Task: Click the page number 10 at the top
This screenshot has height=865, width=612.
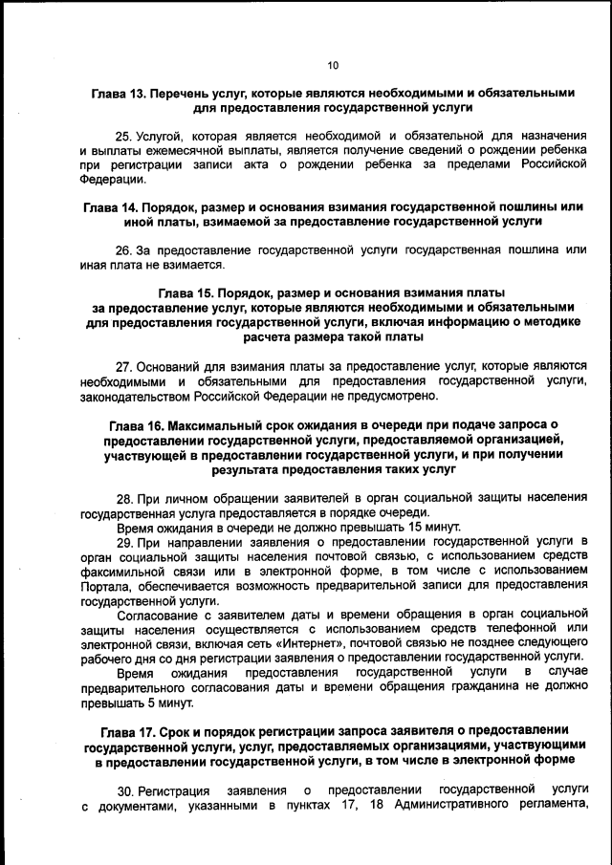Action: point(332,65)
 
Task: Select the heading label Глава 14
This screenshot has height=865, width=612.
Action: point(109,207)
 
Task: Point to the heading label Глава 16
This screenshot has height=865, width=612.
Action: point(136,423)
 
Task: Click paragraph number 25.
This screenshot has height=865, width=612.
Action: point(123,136)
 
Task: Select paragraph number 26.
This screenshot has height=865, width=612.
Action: point(123,249)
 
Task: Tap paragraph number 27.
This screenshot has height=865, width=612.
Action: point(123,366)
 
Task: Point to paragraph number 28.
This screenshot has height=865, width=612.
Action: point(124,498)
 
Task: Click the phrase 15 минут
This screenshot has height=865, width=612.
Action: point(434,527)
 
